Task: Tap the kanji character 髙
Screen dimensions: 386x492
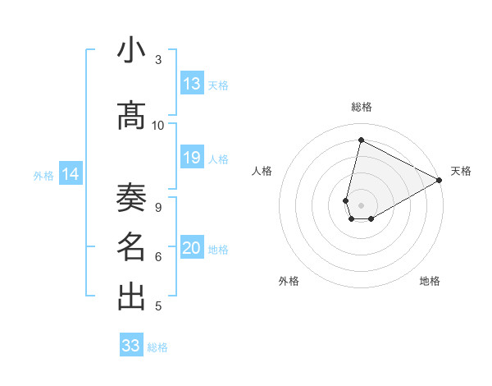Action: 132,117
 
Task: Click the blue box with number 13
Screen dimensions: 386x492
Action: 192,84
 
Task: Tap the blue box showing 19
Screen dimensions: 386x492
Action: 192,158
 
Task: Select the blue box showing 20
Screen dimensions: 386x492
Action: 192,248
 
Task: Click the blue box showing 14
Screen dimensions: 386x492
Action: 71,174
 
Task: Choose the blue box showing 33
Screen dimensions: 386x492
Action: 131,346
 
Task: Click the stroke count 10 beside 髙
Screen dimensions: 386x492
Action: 158,126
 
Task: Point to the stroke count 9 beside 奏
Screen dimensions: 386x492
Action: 158,207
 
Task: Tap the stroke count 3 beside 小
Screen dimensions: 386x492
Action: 158,59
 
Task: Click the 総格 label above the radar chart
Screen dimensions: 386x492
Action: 362,108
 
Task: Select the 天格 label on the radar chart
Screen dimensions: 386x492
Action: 461,171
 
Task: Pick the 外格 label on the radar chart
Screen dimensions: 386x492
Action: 289,281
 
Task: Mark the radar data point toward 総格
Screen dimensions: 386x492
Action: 360,140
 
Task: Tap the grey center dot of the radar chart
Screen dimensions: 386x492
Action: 362,205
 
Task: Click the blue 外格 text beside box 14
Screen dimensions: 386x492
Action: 43,175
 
